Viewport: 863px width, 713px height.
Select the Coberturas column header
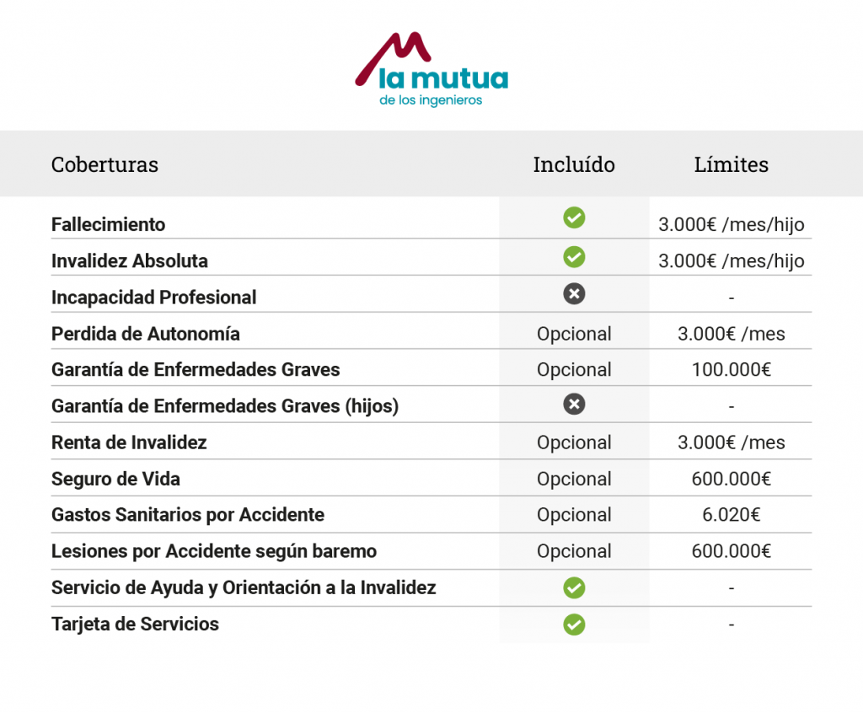[105, 164]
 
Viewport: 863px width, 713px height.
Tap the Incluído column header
[574, 164]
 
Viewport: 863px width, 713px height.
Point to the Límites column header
[731, 164]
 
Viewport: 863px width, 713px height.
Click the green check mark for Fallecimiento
[574, 218]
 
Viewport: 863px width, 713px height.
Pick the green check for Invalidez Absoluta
[574, 256]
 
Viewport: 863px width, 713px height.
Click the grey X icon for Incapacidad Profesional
[574, 294]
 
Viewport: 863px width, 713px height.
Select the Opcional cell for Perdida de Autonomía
[574, 334]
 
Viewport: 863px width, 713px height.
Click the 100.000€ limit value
[731, 370]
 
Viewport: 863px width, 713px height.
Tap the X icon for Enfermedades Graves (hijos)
[574, 405]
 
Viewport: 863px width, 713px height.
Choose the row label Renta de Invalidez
[129, 442]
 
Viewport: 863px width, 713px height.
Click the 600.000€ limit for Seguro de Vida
[731, 479]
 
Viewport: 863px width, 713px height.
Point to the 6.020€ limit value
[731, 515]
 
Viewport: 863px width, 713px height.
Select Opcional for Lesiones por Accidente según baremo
[574, 551]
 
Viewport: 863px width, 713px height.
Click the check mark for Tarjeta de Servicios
[574, 625]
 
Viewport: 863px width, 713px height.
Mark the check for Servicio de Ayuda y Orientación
[574, 587]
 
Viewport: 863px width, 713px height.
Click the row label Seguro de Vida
[115, 479]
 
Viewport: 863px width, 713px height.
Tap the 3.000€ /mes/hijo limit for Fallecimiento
[731, 225]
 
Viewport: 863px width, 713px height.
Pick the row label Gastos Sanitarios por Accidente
[187, 515]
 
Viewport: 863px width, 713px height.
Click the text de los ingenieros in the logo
[431, 100]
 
